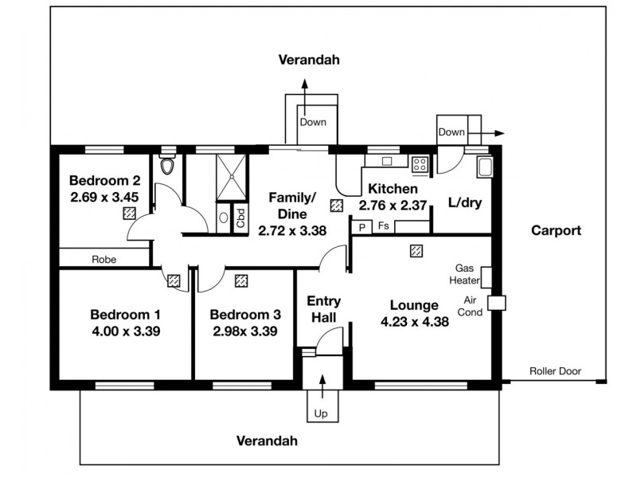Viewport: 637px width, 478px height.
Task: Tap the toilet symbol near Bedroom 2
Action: click(x=167, y=166)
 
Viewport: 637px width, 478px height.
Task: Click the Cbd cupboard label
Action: click(x=240, y=219)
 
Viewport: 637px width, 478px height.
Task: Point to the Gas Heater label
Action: click(x=467, y=274)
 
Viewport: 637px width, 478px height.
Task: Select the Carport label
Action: click(x=557, y=231)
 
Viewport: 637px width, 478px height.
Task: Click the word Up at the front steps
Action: click(x=322, y=413)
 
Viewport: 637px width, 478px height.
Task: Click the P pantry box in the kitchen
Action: click(x=362, y=227)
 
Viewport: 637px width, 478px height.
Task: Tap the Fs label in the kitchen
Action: click(x=383, y=227)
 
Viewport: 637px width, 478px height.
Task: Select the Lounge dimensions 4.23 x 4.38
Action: click(x=414, y=322)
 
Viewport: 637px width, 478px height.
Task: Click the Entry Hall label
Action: click(x=324, y=309)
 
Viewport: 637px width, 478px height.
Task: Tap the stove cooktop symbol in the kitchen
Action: click(x=420, y=165)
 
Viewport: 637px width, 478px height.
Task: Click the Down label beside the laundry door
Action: click(x=451, y=131)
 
